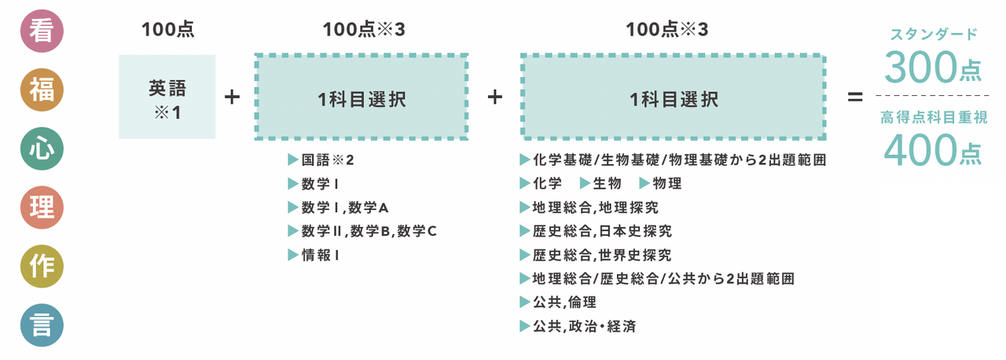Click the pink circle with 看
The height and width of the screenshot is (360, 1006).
pos(42,31)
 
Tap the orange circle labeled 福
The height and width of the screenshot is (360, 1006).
pos(42,90)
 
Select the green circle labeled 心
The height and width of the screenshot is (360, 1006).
pos(42,149)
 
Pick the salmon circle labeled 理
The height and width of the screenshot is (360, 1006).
pos(42,208)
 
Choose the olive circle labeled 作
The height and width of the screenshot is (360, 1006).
pos(42,266)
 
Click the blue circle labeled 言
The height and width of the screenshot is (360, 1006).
pos(42,325)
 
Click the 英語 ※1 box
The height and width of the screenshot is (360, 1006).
pos(167,97)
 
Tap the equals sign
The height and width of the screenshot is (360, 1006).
pos(855,97)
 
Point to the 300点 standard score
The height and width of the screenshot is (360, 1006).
pos(933,68)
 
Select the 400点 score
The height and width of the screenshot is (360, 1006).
pos(933,150)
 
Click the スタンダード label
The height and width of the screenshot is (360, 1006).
pos(934,34)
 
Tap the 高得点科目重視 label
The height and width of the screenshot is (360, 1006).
pos(934,117)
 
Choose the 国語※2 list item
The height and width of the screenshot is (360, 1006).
pos(321,160)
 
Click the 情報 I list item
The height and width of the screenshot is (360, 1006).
pos(313,255)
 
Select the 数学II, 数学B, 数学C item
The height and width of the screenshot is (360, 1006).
pos(362,231)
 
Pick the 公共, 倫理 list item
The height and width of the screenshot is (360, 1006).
pos(558,302)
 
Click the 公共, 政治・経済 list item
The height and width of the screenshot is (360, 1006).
pos(578,326)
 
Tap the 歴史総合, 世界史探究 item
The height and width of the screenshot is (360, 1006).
pos(596,255)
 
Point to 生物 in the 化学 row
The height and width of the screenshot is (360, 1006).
pos(600,183)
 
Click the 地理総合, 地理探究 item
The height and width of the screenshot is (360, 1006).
pos(589,208)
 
